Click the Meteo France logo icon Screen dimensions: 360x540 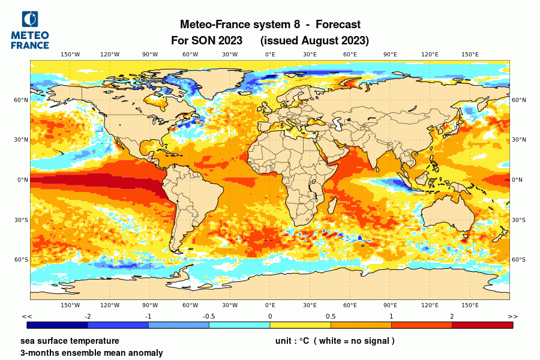[29, 19]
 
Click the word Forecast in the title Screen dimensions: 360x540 [338, 25]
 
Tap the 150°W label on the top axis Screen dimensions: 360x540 [70, 55]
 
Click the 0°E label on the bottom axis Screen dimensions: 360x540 [270, 305]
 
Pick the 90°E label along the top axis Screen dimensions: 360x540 [390, 55]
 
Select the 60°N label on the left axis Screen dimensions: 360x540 [22, 100]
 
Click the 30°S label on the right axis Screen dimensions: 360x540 [518, 220]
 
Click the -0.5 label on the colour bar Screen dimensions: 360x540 [209, 316]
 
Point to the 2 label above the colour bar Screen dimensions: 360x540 [452, 316]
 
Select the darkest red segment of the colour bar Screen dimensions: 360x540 [482, 325]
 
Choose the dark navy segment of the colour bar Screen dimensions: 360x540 [58, 325]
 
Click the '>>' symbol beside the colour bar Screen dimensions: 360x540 [513, 316]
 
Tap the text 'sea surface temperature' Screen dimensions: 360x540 [70, 341]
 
